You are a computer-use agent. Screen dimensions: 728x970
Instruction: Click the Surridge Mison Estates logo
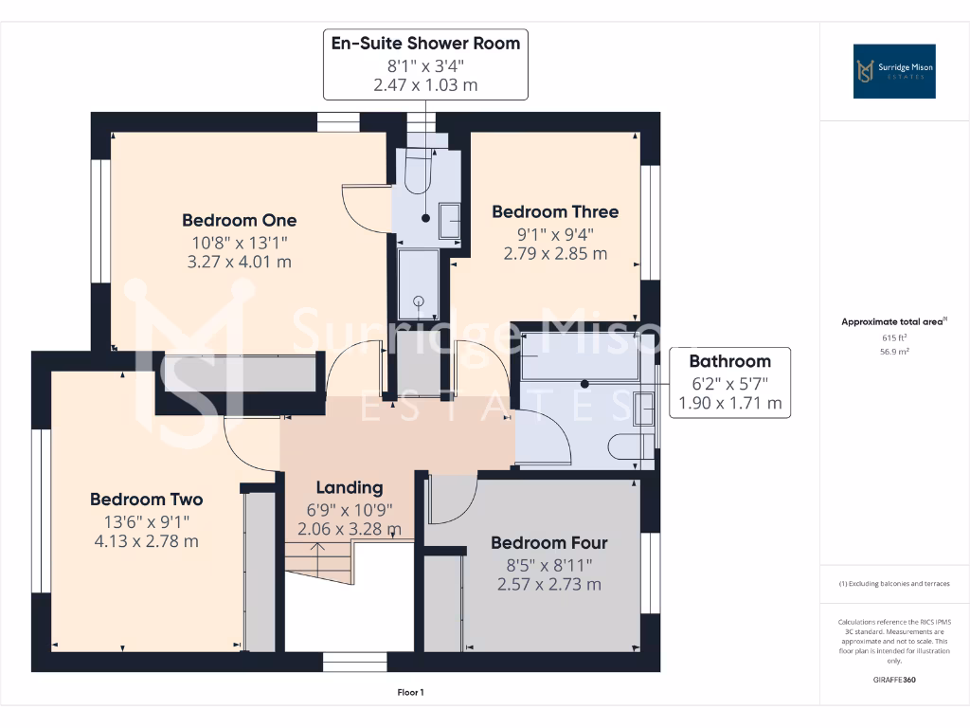tap(894, 71)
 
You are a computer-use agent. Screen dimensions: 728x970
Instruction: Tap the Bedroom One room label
tap(239, 220)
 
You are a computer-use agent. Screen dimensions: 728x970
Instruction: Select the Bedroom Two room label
tap(146, 499)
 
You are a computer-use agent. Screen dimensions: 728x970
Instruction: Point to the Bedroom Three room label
tap(554, 211)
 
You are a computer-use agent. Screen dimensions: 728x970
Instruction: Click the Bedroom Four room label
tap(548, 542)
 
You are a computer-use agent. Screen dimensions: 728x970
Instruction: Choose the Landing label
tap(349, 487)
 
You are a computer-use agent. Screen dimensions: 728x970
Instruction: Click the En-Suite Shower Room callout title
tap(424, 44)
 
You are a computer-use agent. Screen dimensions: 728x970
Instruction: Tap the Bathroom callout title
tap(728, 361)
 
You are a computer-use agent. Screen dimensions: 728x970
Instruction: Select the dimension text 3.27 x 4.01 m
tap(239, 262)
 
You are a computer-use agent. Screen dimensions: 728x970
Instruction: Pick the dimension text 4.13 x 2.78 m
tap(146, 541)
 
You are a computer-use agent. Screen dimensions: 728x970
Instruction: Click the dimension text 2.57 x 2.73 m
tap(548, 584)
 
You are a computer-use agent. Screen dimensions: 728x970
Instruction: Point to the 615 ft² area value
tap(894, 337)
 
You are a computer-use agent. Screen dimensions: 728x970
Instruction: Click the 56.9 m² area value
tap(894, 351)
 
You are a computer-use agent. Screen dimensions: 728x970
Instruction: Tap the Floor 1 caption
tap(410, 693)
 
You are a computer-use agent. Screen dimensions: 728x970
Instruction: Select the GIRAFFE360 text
tap(894, 680)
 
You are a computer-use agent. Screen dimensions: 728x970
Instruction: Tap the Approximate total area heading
tap(892, 322)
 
